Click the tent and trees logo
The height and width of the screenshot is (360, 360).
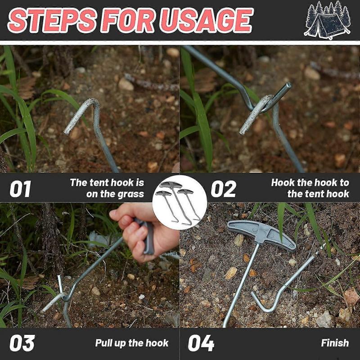pyautogui.click(x=327, y=20)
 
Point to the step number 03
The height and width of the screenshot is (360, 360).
pyautogui.click(x=22, y=343)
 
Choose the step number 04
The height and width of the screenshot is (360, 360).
pyautogui.click(x=201, y=343)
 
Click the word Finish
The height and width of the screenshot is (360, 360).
pyautogui.click(x=335, y=343)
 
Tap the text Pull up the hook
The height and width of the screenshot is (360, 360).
pyautogui.click(x=132, y=343)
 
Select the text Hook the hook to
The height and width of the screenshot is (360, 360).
pyautogui.click(x=310, y=183)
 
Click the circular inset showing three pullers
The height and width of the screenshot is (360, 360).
pyautogui.click(x=180, y=198)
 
